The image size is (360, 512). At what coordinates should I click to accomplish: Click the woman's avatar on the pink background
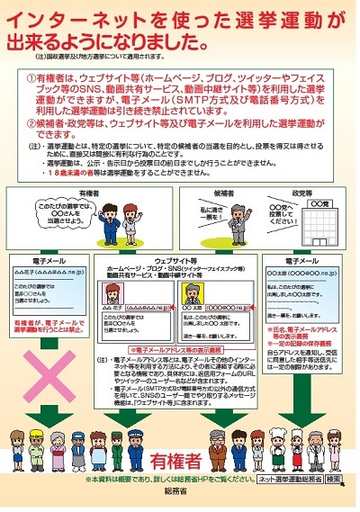119,296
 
